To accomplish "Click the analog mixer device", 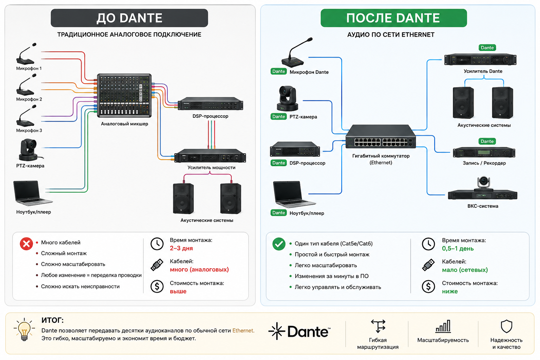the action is click(x=124, y=96).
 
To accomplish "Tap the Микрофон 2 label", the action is click(x=29, y=99).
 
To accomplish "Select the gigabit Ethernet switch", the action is click(x=381, y=136).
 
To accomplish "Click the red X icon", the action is click(x=26, y=244).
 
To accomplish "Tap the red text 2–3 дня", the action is click(x=181, y=248).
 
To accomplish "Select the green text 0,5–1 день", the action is click(x=458, y=248).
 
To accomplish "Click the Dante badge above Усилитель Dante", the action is click(x=487, y=47).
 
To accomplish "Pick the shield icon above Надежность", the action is click(x=506, y=326).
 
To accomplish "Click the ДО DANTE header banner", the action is click(x=129, y=18).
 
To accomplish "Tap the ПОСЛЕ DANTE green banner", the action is click(x=394, y=18).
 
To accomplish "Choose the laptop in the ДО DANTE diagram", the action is click(x=32, y=193).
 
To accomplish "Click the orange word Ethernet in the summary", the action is click(x=243, y=330).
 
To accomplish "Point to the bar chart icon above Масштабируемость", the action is click(x=443, y=326).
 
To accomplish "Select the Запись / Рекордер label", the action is click(x=484, y=163).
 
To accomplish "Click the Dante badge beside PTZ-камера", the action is click(x=279, y=116).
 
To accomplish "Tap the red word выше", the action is click(x=178, y=291).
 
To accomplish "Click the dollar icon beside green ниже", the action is click(x=429, y=287).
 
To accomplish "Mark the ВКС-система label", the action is click(x=483, y=206).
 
